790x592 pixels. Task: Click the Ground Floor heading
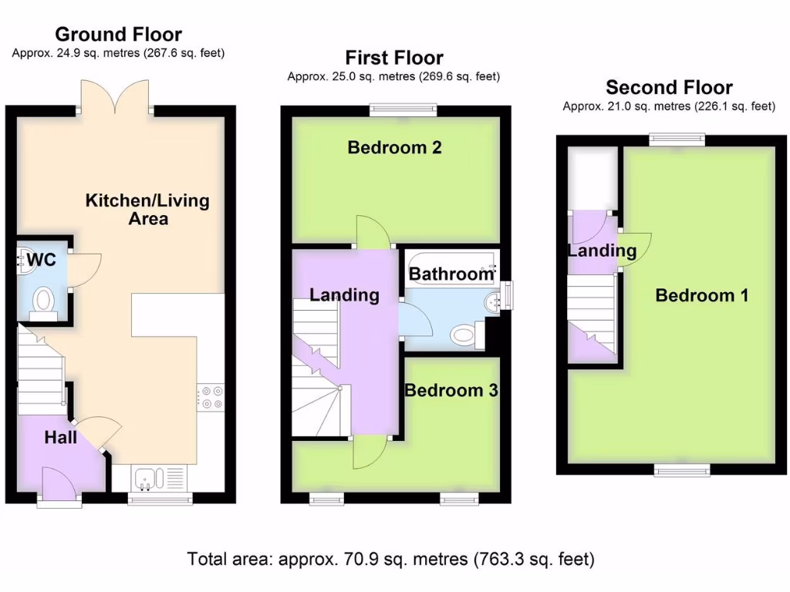tap(118, 35)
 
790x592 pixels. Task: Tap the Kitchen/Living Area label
tap(147, 209)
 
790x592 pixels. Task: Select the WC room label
tap(41, 260)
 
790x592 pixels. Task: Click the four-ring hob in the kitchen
tap(211, 398)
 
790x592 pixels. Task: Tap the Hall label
tap(60, 437)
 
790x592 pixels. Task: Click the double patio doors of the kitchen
tap(117, 96)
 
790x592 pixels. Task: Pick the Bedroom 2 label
tap(394, 147)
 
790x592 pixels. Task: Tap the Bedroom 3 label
tap(451, 391)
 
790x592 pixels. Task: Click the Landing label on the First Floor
tap(344, 294)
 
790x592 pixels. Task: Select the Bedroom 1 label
tap(701, 295)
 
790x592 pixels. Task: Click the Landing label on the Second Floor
tap(602, 251)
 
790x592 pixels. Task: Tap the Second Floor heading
tap(669, 87)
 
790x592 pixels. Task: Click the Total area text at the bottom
tap(391, 559)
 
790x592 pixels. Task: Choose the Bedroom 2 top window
tap(403, 110)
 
